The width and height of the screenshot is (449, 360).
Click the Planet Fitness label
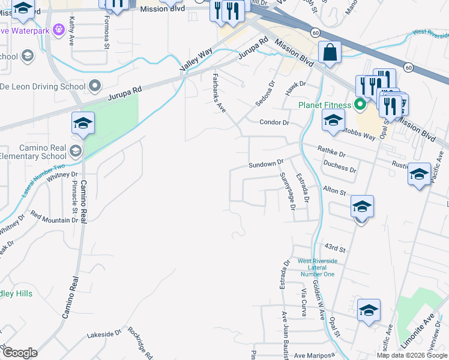coord(324,106)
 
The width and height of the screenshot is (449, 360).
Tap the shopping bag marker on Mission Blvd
coord(330,53)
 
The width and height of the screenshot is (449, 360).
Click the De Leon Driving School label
coord(42,86)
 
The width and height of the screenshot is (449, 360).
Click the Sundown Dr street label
coord(266,164)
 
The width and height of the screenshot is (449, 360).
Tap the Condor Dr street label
coord(274,122)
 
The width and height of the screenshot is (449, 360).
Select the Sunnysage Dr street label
coord(288,191)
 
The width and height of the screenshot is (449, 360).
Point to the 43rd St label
coord(336,248)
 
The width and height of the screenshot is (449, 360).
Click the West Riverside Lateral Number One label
coord(316,268)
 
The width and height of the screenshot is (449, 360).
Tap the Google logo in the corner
coord(20,353)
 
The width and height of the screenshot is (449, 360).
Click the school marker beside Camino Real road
coord(83,124)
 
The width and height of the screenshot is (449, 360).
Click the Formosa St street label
coord(106,37)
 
